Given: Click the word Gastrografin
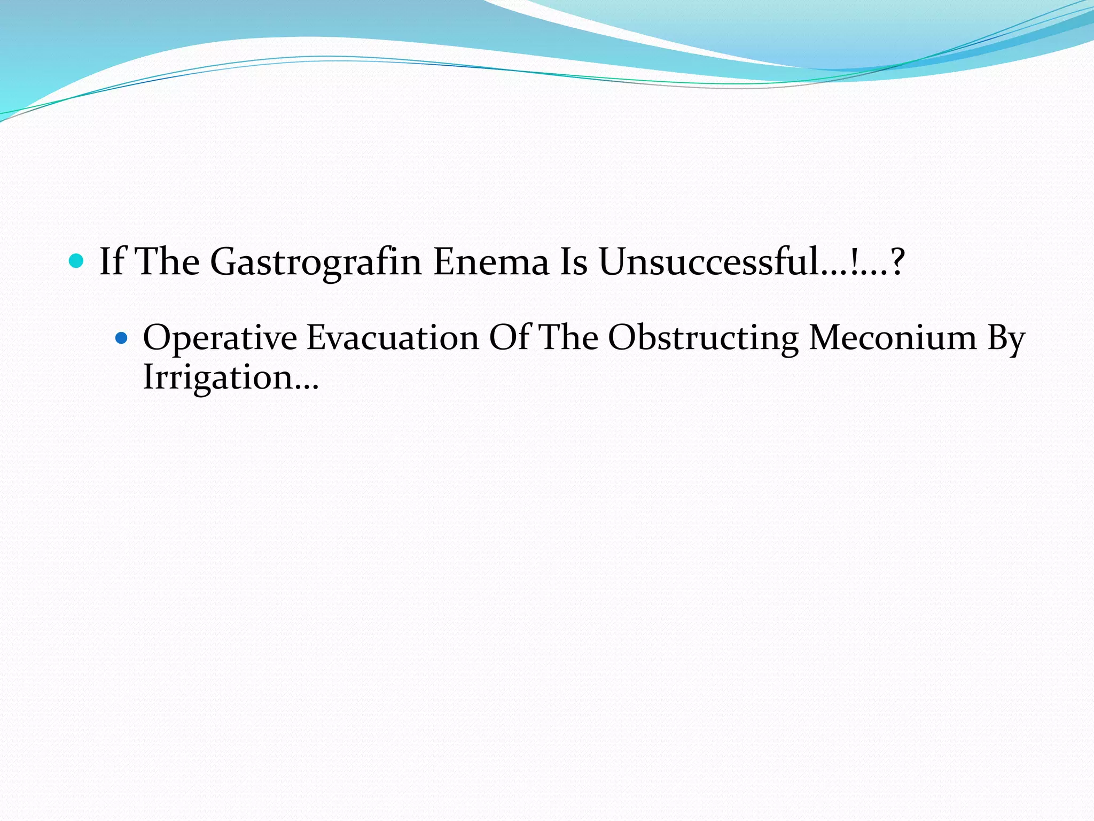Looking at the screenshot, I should pyautogui.click(x=316, y=262).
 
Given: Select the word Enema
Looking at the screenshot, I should pyautogui.click(x=490, y=262).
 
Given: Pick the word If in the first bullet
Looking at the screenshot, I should pyautogui.click(x=112, y=262).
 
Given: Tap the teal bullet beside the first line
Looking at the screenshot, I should pyautogui.click(x=77, y=261).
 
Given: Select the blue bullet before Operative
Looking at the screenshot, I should pyautogui.click(x=122, y=338).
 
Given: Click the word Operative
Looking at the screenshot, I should pyautogui.click(x=220, y=338).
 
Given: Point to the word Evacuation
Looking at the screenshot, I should pyautogui.click(x=393, y=338).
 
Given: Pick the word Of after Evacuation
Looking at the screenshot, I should pyautogui.click(x=508, y=338).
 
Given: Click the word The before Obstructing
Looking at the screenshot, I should pyautogui.click(x=568, y=338).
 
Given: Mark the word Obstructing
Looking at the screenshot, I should pyautogui.click(x=703, y=338).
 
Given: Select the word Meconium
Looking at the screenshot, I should pyautogui.click(x=892, y=338).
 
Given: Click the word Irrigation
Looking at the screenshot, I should pyautogui.click(x=216, y=378).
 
